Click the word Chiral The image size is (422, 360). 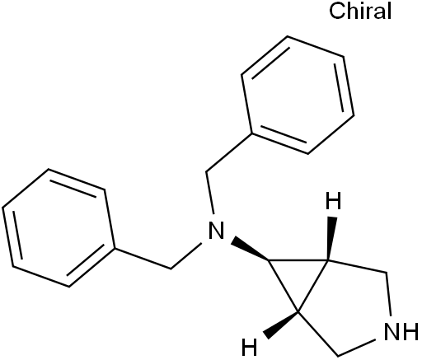[x=360, y=12]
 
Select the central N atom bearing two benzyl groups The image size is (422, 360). [x=216, y=230]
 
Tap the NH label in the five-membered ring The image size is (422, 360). [x=401, y=331]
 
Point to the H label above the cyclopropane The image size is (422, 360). [x=333, y=201]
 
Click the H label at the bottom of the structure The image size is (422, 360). [x=250, y=347]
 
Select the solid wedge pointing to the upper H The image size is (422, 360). [x=331, y=238]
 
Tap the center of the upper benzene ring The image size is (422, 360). [x=298, y=95]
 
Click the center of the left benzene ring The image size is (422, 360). [x=59, y=228]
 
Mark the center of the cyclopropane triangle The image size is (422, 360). [x=298, y=278]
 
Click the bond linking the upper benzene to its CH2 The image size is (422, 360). [x=229, y=152]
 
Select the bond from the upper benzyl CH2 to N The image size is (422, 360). [x=210, y=193]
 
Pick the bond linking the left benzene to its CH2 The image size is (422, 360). [x=143, y=259]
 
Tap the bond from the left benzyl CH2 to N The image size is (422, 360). [x=186, y=255]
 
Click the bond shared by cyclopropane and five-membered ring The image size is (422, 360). [x=313, y=286]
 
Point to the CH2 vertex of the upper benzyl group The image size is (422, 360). [x=206, y=172]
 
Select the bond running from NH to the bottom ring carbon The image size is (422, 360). [x=356, y=348]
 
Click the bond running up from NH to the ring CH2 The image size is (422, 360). [x=389, y=294]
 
